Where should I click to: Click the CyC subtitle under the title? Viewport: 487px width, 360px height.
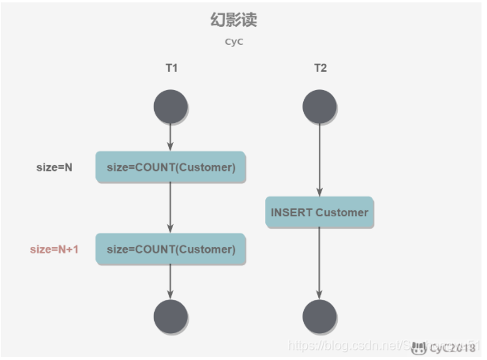[x=234, y=42]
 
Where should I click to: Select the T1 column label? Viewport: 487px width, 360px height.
[x=171, y=68]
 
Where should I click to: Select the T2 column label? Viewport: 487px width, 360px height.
[x=320, y=68]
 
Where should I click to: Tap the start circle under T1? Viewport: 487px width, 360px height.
[x=170, y=107]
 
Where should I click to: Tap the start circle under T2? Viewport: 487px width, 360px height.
[x=320, y=107]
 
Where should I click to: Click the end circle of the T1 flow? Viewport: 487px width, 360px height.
[x=170, y=317]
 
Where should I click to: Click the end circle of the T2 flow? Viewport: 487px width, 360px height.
[x=320, y=317]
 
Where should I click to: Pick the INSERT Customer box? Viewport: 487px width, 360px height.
[x=319, y=212]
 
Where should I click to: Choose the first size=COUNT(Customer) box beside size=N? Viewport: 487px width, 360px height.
[x=170, y=167]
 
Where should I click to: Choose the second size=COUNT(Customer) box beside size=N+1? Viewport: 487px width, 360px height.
[x=170, y=249]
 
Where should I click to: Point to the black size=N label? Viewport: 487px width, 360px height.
[x=54, y=167]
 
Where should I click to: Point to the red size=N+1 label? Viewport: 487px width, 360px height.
[x=54, y=249]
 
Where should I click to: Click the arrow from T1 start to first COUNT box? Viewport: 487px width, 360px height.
[x=170, y=137]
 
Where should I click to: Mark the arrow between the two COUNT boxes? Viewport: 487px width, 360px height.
[x=170, y=208]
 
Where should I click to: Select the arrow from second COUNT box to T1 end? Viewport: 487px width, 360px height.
[x=170, y=282]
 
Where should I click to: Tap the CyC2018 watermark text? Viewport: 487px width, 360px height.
[x=452, y=348]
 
